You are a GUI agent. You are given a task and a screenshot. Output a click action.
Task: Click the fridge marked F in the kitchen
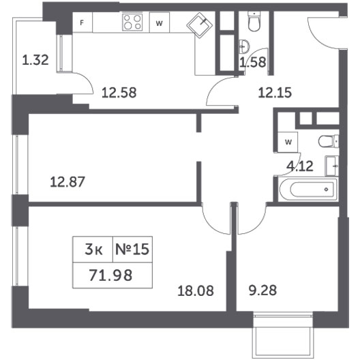coord(82,22)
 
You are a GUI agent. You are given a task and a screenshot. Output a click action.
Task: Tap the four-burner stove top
coord(132,22)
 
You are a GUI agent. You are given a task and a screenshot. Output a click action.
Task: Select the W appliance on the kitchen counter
coord(160,22)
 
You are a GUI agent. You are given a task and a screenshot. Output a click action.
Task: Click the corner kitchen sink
coord(200,25)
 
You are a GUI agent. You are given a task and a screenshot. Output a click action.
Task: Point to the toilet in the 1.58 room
coord(254,21)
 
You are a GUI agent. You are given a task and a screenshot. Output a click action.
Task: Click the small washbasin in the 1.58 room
coord(244,46)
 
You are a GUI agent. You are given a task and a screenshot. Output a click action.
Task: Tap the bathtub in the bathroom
coord(308,190)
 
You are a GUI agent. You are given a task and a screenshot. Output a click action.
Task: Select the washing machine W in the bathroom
coord(288,142)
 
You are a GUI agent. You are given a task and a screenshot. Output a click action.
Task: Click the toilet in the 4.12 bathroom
coord(329,141)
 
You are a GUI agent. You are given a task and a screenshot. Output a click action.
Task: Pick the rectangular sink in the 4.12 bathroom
coord(332,166)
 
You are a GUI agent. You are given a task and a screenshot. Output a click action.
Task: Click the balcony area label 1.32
coord(35,60)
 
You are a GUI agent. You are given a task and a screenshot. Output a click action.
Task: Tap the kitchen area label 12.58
coord(119,93)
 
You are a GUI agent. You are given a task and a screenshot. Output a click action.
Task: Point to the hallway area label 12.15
coord(275,93)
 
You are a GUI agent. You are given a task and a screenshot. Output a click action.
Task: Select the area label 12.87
coord(67,182)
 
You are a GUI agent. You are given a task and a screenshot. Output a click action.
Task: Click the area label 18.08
coord(196,290)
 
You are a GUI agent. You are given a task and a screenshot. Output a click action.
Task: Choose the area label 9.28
coord(262,290)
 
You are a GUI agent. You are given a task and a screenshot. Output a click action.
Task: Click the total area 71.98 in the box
coord(110,275)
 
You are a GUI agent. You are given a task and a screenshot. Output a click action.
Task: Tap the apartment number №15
coord(132,250)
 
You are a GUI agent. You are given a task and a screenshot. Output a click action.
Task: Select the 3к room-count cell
coord(93,250)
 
